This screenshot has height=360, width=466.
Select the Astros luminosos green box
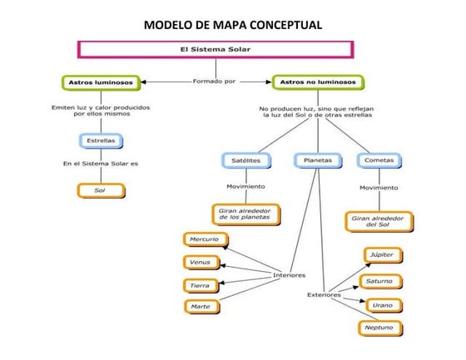[97, 82]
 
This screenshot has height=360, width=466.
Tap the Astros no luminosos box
[318, 82]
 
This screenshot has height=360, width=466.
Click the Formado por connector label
[214, 82]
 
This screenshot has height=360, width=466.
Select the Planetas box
[314, 160]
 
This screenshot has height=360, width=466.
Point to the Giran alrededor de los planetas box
[245, 213]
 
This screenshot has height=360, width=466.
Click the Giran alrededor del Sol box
[379, 221]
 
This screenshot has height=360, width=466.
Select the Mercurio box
[204, 239]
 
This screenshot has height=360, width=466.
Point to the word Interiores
[289, 275]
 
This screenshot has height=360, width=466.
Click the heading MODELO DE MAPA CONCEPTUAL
[233, 22]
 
